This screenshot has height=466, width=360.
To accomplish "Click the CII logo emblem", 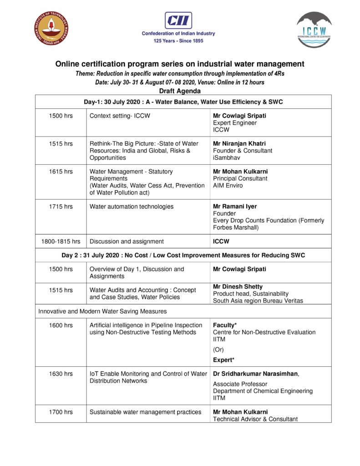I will pyautogui.click(x=178, y=20).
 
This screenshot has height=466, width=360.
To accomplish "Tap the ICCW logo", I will pyautogui.click(x=314, y=30).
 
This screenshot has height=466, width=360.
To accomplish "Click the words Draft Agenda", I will pyautogui.click(x=180, y=91).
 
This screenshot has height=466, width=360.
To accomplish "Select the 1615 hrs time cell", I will pyautogui.click(x=61, y=172).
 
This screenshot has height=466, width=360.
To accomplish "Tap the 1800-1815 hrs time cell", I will pyautogui.click(x=61, y=241).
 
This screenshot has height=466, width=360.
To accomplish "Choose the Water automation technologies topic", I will pyautogui.click(x=132, y=207).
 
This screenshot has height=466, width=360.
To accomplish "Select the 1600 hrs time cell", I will pyautogui.click(x=61, y=325).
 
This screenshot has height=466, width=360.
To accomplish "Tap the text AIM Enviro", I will pyautogui.click(x=228, y=185).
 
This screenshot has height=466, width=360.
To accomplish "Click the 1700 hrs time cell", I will pyautogui.click(x=61, y=412).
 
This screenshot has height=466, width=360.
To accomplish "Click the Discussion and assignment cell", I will pyautogui.click(x=127, y=241).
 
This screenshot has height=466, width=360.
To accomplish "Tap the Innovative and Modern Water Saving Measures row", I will pyautogui.click(x=102, y=312).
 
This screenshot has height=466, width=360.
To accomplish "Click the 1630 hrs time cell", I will pyautogui.click(x=61, y=374).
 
